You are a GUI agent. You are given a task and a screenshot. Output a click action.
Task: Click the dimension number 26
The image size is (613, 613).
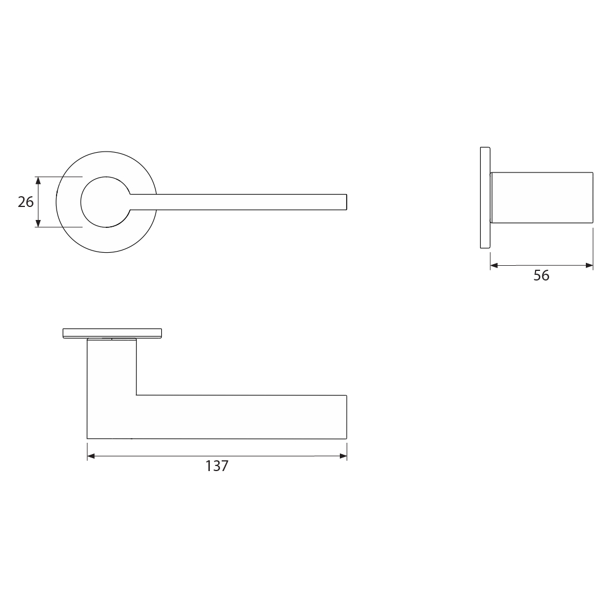[26, 202]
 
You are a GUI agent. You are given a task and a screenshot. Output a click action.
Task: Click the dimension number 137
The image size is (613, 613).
[217, 466]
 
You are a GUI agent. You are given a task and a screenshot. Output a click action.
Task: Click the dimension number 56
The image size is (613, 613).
[541, 275]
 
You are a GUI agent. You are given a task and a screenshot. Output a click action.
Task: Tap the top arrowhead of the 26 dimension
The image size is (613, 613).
[38, 180]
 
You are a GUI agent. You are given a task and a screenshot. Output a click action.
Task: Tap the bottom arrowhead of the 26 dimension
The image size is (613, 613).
[38, 223]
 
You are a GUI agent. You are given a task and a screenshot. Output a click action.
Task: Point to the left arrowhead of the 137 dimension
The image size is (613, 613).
[90, 456]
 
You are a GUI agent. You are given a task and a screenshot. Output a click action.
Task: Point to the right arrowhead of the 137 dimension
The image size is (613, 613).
[343, 456]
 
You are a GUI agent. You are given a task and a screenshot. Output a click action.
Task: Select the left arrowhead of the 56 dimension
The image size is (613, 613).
[494, 265]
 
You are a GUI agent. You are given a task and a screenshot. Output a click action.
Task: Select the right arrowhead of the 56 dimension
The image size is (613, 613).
[590, 265]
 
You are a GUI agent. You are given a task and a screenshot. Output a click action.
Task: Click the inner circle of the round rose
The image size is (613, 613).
[81, 202]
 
